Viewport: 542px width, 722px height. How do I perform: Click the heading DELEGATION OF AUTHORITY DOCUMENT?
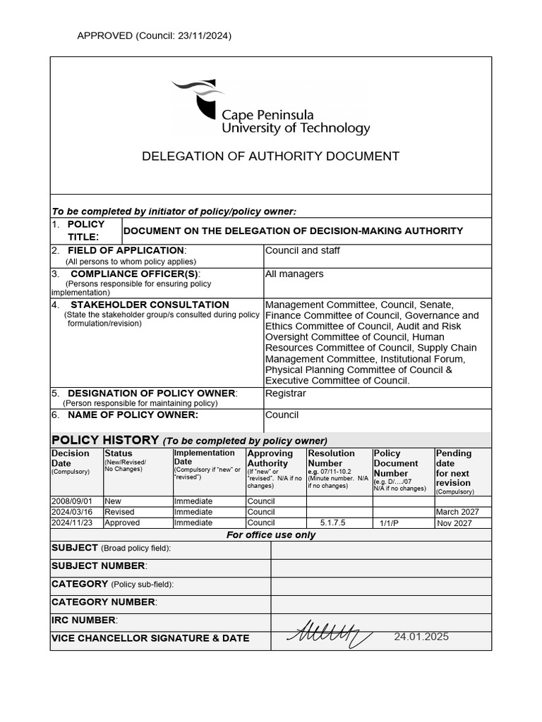click(x=271, y=157)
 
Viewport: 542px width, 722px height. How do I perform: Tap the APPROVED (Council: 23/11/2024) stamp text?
click(x=154, y=36)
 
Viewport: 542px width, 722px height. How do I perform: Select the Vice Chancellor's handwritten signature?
click(x=329, y=634)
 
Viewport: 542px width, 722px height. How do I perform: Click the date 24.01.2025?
click(x=421, y=637)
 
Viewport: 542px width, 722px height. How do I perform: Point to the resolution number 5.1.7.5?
click(x=334, y=523)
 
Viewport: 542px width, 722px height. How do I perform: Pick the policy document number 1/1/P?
click(x=390, y=524)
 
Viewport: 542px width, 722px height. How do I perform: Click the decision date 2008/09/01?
click(x=71, y=501)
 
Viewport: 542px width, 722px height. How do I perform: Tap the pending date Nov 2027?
click(x=455, y=523)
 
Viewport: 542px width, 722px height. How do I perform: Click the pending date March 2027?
click(x=457, y=512)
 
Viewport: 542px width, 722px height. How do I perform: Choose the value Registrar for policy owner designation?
click(x=285, y=393)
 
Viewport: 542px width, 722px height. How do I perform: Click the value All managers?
click(x=294, y=274)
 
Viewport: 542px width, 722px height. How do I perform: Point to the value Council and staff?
click(x=302, y=250)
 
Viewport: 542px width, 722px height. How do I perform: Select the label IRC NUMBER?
click(x=84, y=620)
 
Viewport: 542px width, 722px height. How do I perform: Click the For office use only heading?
click(x=271, y=535)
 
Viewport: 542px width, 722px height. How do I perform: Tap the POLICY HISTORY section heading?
click(x=106, y=440)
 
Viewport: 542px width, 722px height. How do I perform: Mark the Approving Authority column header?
click(x=270, y=458)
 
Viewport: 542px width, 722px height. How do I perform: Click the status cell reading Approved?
click(x=122, y=523)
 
